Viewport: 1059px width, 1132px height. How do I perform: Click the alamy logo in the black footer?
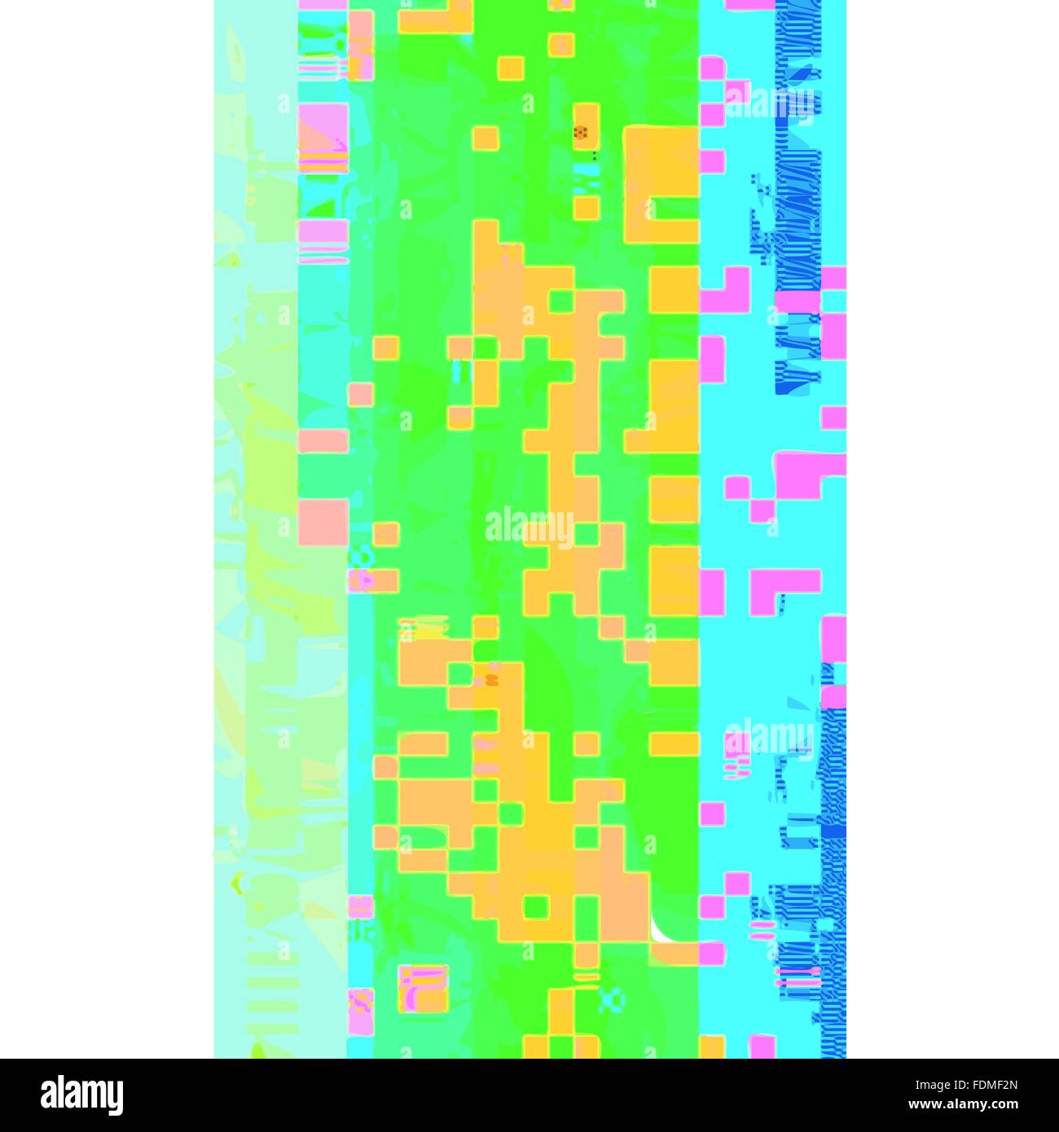pos(81,1095)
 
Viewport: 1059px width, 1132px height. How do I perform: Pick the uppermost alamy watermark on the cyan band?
pos(770,103)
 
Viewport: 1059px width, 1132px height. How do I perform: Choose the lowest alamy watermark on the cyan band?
pos(770,737)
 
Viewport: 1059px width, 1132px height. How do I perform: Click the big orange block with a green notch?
pos(661,184)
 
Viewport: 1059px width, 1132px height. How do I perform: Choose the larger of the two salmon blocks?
pos(323,522)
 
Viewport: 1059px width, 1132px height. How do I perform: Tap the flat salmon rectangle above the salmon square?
pos(323,441)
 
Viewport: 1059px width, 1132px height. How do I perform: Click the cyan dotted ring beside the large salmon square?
pos(361,556)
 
